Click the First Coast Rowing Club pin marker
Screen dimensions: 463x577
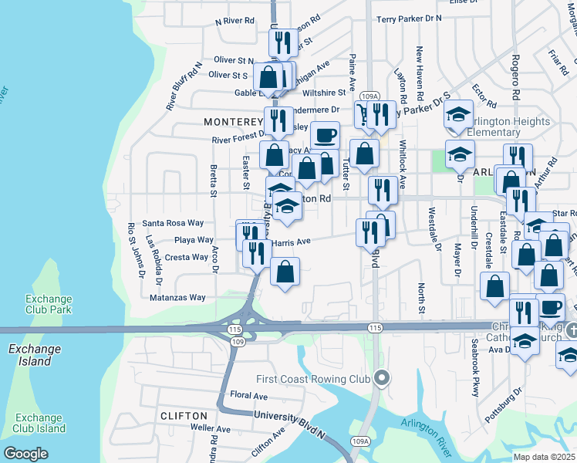[x=380, y=378]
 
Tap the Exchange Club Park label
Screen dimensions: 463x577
[x=49, y=304]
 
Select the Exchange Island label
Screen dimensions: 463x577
[x=34, y=354]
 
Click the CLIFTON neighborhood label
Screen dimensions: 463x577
[x=184, y=415]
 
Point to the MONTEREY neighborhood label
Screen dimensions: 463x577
[x=234, y=122]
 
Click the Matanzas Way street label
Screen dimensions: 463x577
[x=177, y=297]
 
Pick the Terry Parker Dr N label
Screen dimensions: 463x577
[x=409, y=18]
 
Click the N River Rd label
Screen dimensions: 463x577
[x=235, y=22]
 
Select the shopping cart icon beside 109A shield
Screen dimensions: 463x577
[x=363, y=115]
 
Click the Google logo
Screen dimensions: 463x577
[x=25, y=453]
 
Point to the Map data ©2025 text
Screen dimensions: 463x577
[x=544, y=457]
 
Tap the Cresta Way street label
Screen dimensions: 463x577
[x=187, y=257]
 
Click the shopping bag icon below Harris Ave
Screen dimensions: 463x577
[x=285, y=271]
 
